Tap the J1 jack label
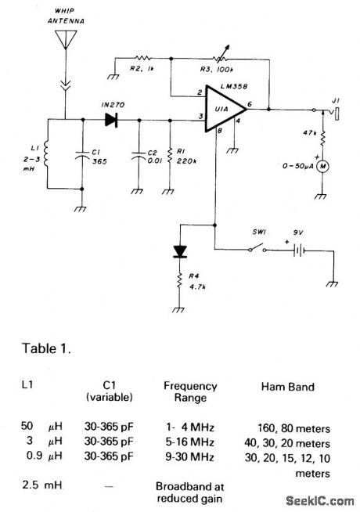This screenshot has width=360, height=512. [335, 100]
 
